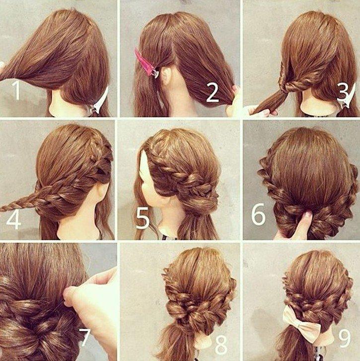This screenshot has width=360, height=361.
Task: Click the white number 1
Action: pyautogui.click(x=16, y=90)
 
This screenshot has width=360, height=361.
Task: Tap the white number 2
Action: pyautogui.click(x=213, y=92)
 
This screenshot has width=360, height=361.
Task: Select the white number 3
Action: pyautogui.click(x=344, y=92)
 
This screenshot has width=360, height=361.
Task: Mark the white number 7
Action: pyautogui.click(x=84, y=337)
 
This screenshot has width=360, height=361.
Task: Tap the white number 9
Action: pyautogui.click(x=345, y=338)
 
